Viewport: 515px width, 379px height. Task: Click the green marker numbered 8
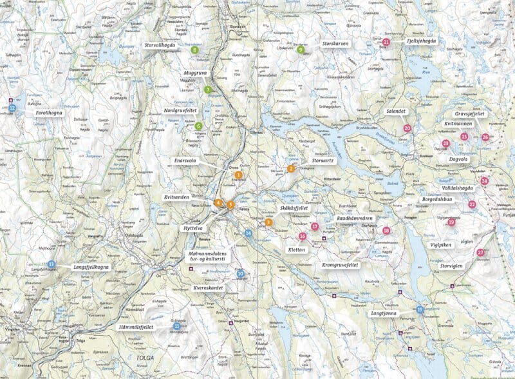194,50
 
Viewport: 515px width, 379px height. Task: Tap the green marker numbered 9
300,49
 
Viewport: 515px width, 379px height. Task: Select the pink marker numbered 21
386,43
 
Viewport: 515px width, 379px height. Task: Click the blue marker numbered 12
12,108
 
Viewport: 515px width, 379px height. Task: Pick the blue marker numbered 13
51,264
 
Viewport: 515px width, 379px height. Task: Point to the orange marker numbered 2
291,169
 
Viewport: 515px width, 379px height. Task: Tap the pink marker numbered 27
480,253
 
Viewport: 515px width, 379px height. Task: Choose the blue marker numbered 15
420,309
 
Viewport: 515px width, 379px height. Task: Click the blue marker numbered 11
176,326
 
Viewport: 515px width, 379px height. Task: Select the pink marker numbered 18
386,231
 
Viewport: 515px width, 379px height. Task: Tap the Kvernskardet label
207,288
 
